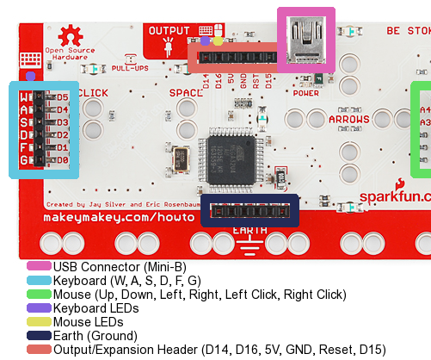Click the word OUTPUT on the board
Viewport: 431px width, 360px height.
coord(169,30)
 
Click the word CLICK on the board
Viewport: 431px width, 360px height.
coord(92,92)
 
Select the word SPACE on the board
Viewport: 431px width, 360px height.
coord(185,92)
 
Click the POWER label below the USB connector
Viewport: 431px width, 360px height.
coord(305,93)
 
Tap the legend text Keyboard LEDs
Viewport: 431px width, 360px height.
coord(95,307)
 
